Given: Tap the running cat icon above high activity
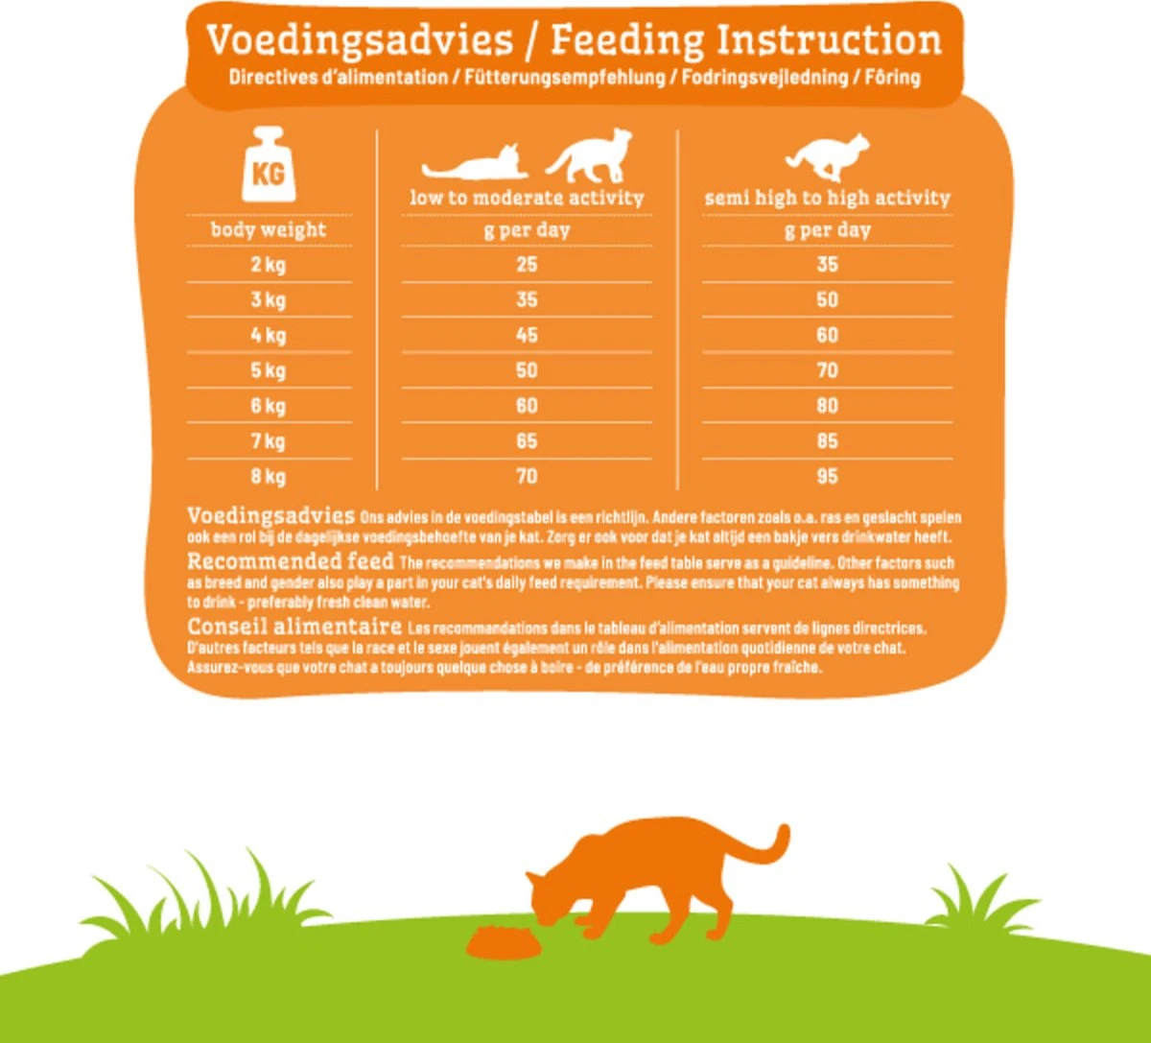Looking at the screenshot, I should [828, 156].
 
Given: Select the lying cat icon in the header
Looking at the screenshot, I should [477, 165].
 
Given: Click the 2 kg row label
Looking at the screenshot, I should [269, 265].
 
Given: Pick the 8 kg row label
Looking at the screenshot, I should [269, 477].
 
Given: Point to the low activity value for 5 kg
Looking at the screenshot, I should [527, 370].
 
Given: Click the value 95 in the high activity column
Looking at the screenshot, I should [827, 477].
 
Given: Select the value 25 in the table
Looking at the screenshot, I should [527, 265].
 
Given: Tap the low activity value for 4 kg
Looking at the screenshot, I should [527, 336].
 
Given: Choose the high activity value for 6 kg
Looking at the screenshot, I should [827, 406].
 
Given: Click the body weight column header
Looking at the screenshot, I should [269, 230].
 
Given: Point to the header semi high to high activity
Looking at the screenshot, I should [827, 199].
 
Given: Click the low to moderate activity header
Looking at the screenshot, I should [527, 199].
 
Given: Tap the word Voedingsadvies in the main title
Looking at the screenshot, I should [360, 41].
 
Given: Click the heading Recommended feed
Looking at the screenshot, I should [290, 561].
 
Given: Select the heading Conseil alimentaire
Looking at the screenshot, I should [294, 628].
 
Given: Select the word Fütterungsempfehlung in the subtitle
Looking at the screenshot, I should [565, 78].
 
